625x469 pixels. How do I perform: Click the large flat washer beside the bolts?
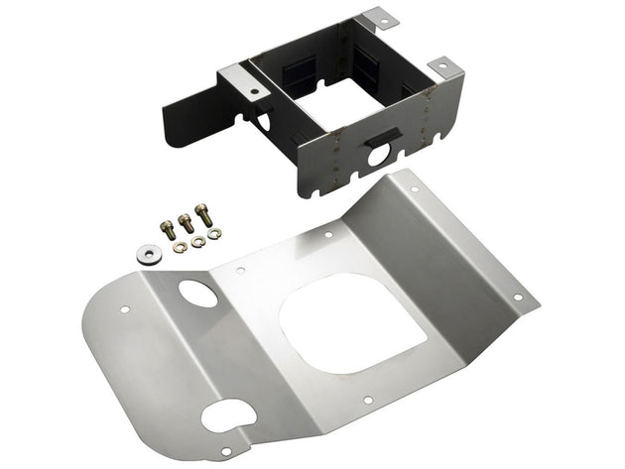tap(150, 252)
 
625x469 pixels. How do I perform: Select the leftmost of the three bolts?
tap(167, 230)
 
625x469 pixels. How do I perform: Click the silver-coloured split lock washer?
tap(214, 233)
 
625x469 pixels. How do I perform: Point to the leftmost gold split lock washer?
tap(179, 247)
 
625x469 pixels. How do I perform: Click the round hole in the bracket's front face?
tap(381, 156)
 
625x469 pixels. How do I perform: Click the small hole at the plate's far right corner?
tap(516, 296)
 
